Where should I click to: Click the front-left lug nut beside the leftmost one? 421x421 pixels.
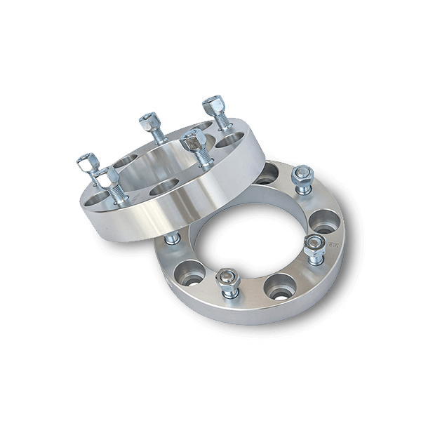[108, 179]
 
